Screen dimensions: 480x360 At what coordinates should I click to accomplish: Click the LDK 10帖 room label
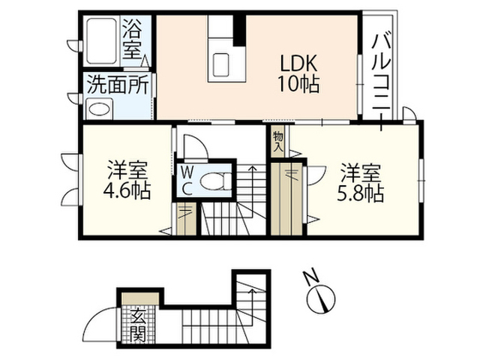(x=298, y=73)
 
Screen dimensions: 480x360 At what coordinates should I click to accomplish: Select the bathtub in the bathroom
(x=101, y=41)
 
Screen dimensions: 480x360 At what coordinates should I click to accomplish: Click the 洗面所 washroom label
(x=118, y=85)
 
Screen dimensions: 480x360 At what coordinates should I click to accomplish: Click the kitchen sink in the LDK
(x=221, y=65)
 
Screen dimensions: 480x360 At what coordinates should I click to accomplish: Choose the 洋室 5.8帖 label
(x=361, y=183)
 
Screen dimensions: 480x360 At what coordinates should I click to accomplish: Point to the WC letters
(x=187, y=181)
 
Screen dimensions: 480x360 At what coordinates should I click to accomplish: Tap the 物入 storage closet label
(x=278, y=142)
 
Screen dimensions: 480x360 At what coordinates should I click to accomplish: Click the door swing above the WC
(x=196, y=147)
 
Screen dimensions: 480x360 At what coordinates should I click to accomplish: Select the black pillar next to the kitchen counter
(x=239, y=30)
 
